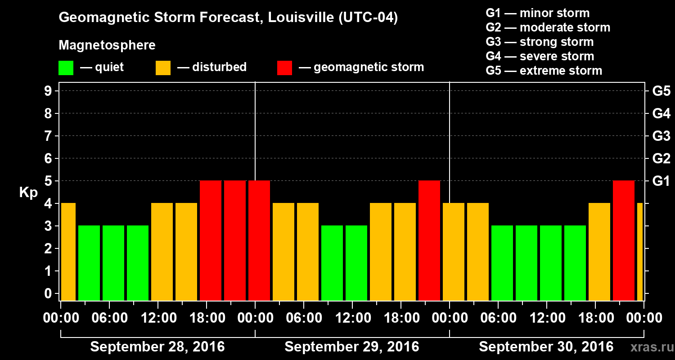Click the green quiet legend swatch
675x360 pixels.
point(66,68)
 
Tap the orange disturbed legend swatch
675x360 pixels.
point(163,68)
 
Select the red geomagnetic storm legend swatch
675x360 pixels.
point(284,68)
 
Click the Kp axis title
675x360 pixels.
point(28,193)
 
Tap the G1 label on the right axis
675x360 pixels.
point(661,181)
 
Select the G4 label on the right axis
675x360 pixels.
point(661,113)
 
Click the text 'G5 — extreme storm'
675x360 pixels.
point(544,71)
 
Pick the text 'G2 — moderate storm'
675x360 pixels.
point(548,27)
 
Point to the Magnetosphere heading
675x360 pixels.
point(107,45)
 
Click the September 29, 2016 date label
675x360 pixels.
point(352,347)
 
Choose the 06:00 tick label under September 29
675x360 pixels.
point(304,318)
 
